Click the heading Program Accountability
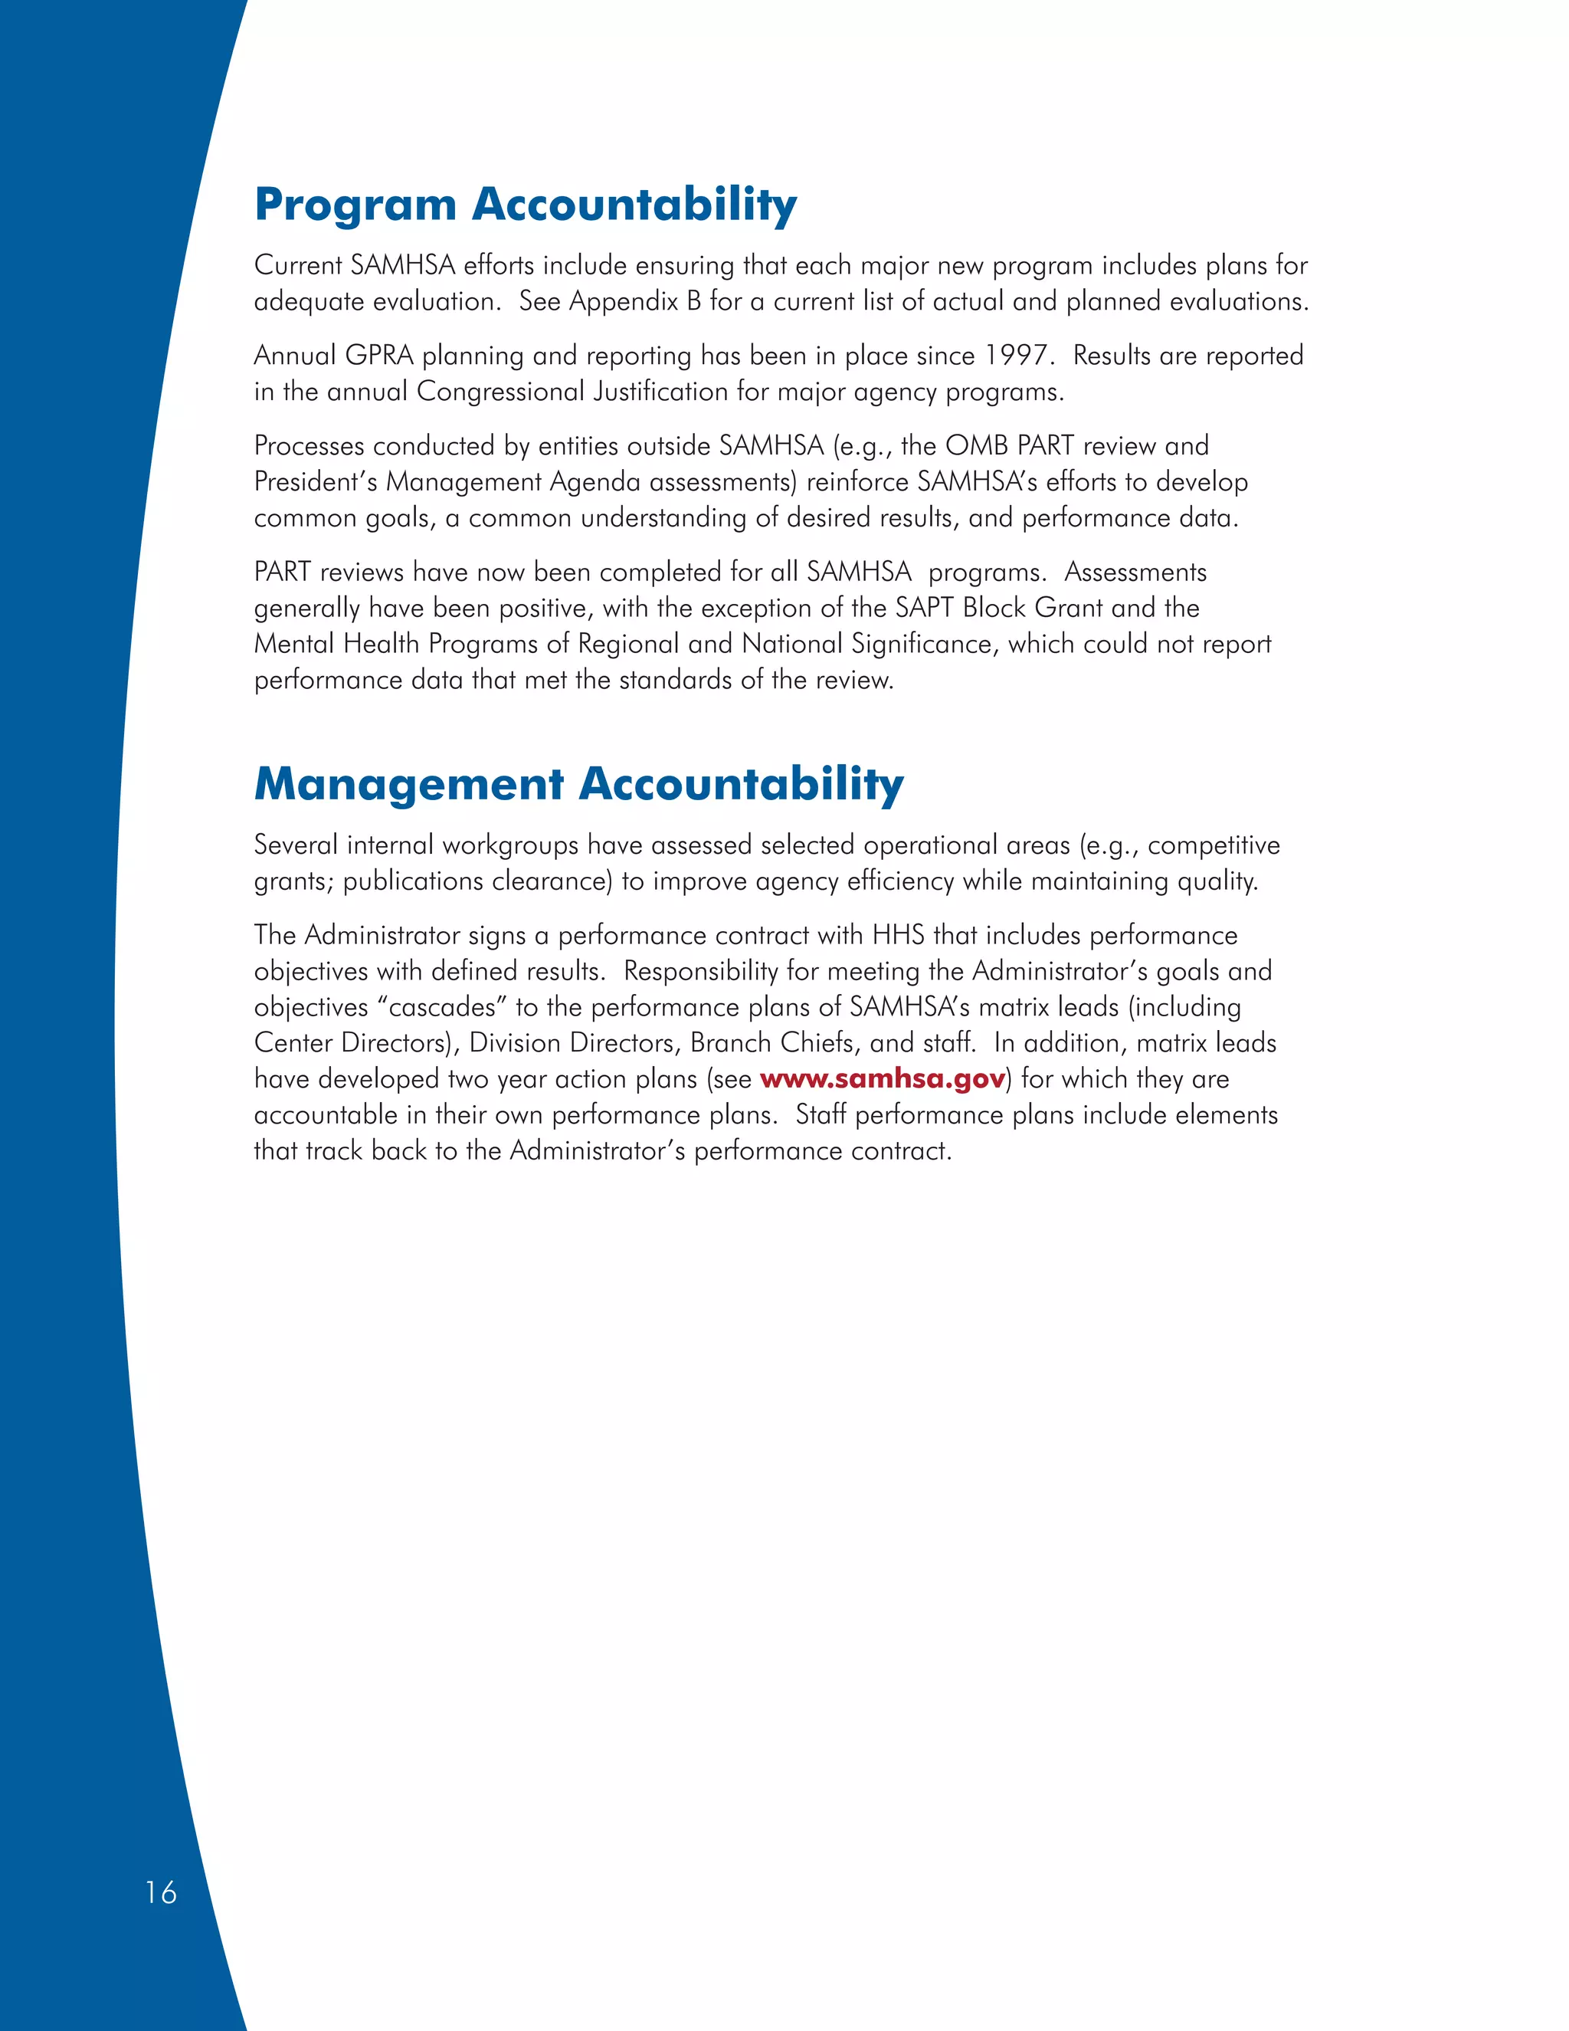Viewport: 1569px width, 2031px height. [x=525, y=205]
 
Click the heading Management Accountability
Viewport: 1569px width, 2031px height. [x=578, y=784]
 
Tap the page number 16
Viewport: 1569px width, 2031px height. [x=161, y=1892]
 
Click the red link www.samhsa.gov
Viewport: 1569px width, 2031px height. [x=882, y=1079]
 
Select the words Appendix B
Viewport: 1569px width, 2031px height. [x=635, y=301]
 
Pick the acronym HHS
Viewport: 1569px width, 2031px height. [x=898, y=934]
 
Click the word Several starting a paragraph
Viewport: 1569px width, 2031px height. [x=295, y=845]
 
